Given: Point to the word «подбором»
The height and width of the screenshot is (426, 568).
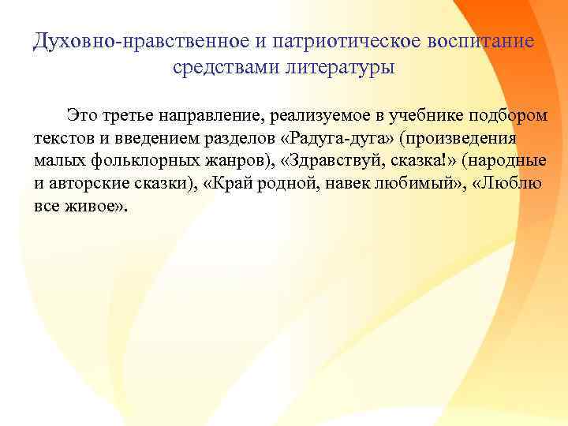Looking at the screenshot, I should point(509,115).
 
